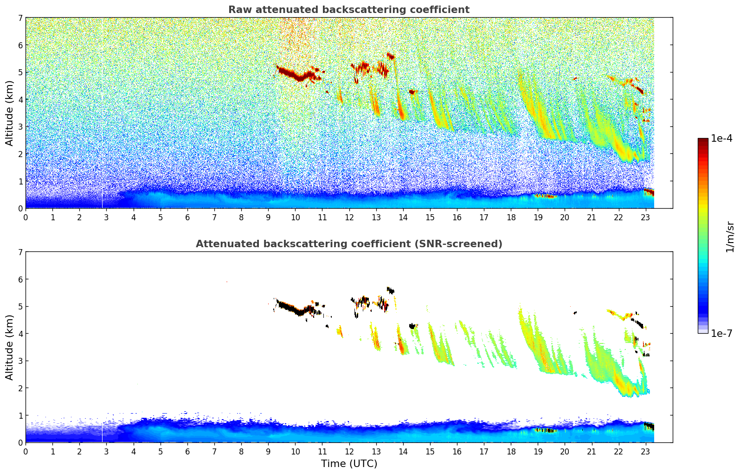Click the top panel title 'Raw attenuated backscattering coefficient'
348,10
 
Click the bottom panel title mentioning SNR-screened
348,244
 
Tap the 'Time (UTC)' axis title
349,464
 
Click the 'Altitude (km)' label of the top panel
10,113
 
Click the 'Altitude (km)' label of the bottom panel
10,347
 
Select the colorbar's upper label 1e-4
721,138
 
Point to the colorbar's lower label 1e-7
721,333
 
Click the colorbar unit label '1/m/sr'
730,237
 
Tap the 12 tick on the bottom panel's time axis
349,451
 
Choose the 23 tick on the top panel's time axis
645,217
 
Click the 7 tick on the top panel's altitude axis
20,18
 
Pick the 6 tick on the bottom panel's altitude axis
20,279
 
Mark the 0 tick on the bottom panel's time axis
26,451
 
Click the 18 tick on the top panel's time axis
511,217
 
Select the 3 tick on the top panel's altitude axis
20,127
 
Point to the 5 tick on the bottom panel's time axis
161,451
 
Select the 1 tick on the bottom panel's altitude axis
20,415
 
